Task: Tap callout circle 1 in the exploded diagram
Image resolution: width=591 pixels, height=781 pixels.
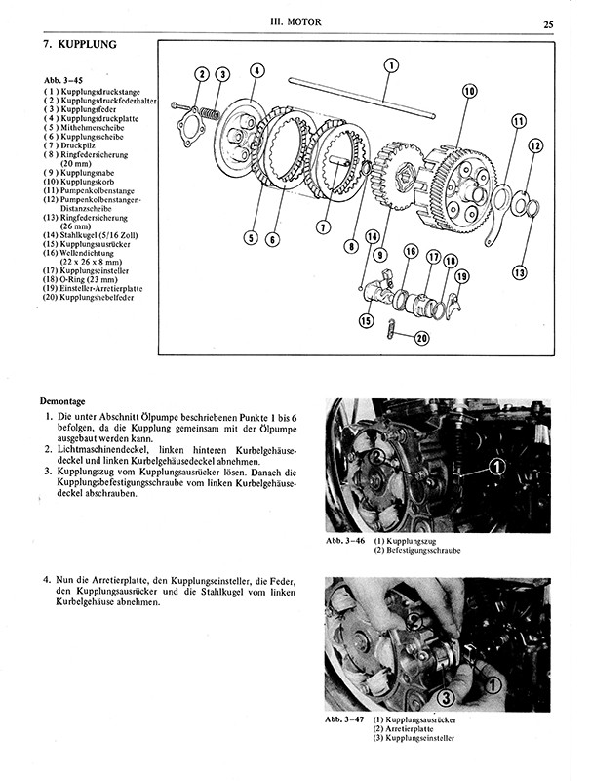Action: pos(391,66)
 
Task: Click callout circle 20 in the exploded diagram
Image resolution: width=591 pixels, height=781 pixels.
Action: pos(421,338)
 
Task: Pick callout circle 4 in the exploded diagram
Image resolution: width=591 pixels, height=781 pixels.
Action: pos(256,69)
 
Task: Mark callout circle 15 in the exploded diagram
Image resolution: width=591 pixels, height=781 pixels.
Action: pos(366,320)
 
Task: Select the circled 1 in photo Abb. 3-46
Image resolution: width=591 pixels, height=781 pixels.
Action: pos(495,467)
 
